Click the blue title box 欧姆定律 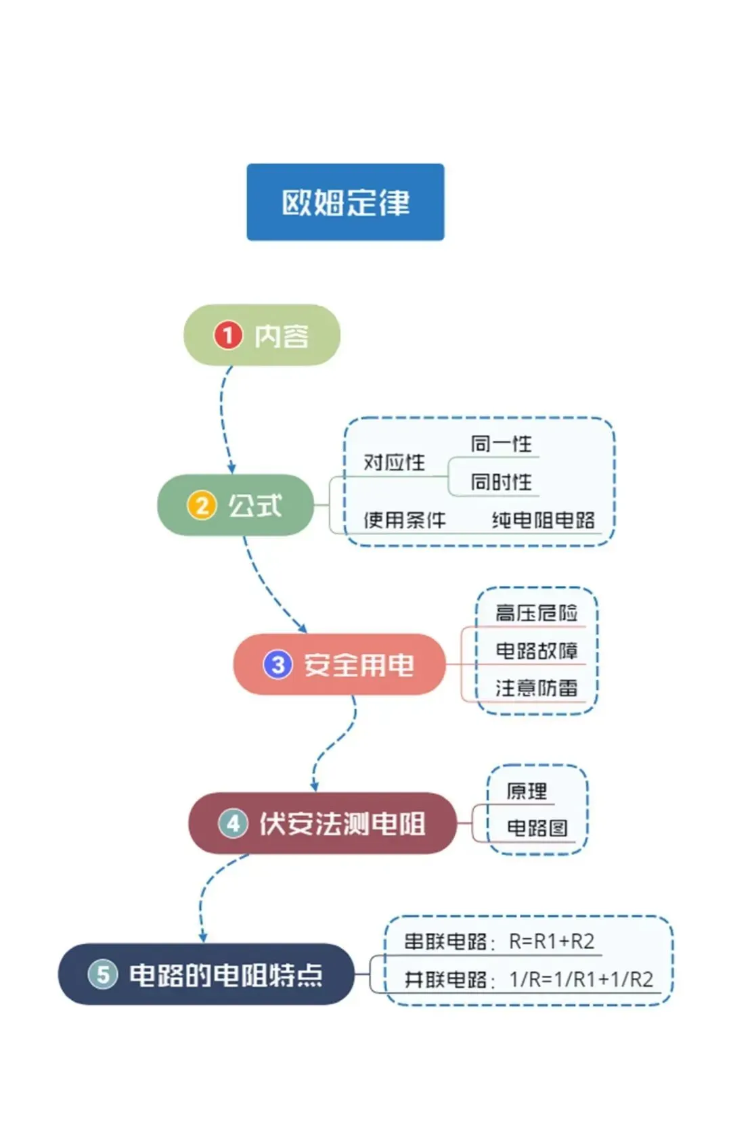(345, 202)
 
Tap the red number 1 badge (228, 335)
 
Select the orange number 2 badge (202, 505)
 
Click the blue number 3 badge (278, 664)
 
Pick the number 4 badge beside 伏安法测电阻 (233, 824)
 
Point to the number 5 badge (103, 974)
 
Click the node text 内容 (282, 336)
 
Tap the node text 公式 (255, 505)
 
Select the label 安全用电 (359, 665)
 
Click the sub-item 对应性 (395, 462)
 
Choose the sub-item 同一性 (501, 444)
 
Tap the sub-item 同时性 (501, 482)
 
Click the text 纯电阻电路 (543, 520)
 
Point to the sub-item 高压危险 (536, 613)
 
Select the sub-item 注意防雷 (536, 688)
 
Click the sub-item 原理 (527, 791)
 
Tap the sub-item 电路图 (537, 828)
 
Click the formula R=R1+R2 (552, 941)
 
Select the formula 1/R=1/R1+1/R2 (581, 980)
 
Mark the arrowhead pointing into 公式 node (231, 468)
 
